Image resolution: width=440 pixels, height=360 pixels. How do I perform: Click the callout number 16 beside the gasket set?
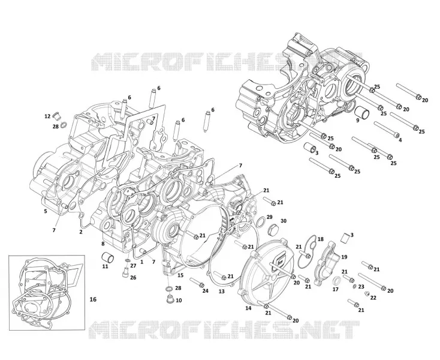[x=93, y=299]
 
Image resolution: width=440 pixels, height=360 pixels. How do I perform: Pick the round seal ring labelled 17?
[x=337, y=281]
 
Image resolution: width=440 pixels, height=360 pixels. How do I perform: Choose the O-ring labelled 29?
[x=260, y=221]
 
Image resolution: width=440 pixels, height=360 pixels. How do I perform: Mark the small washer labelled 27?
[x=127, y=261]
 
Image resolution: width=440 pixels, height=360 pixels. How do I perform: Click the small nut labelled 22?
[x=366, y=294]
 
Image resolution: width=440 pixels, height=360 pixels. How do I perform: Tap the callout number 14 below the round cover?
[x=248, y=308]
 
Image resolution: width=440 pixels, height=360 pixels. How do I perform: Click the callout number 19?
[x=344, y=257]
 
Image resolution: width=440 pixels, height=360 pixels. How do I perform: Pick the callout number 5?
[x=46, y=211]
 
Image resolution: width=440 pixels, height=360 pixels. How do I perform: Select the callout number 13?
[x=222, y=292]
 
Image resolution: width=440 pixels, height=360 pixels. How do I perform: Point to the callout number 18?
[x=321, y=239]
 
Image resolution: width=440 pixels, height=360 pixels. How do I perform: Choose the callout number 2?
[x=81, y=232]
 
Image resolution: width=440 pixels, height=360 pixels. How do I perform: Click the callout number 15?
[x=180, y=275]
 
